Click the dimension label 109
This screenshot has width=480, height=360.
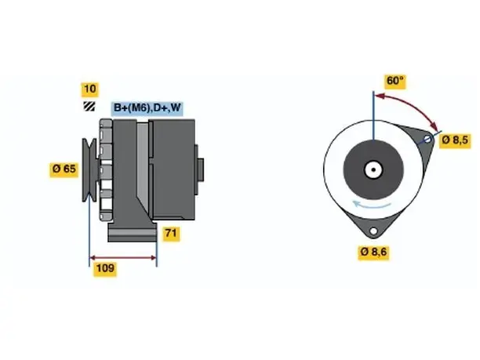pos(105,268)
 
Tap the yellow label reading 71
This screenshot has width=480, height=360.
pos(171,234)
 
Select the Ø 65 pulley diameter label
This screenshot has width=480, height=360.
pos(64,169)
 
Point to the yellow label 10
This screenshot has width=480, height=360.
pos(89,89)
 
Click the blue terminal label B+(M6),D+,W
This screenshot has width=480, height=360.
pos(147,108)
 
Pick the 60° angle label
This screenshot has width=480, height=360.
pos(395,81)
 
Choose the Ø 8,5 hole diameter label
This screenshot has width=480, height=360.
pos(455,140)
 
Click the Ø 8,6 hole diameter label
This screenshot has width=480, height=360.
pos(373,252)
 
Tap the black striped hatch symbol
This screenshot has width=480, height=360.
pos(89,107)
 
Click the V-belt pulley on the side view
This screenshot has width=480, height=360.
pos(89,170)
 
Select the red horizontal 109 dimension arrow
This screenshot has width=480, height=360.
pos(123,258)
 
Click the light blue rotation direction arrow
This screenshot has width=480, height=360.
pos(372,205)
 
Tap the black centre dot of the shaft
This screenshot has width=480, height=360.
pos(373,169)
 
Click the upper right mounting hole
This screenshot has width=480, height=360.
pos(427,140)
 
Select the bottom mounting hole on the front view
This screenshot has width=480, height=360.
pos(373,231)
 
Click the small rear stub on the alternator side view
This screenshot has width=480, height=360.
pos(201,170)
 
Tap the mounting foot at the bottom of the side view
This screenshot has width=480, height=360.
pos(133,232)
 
